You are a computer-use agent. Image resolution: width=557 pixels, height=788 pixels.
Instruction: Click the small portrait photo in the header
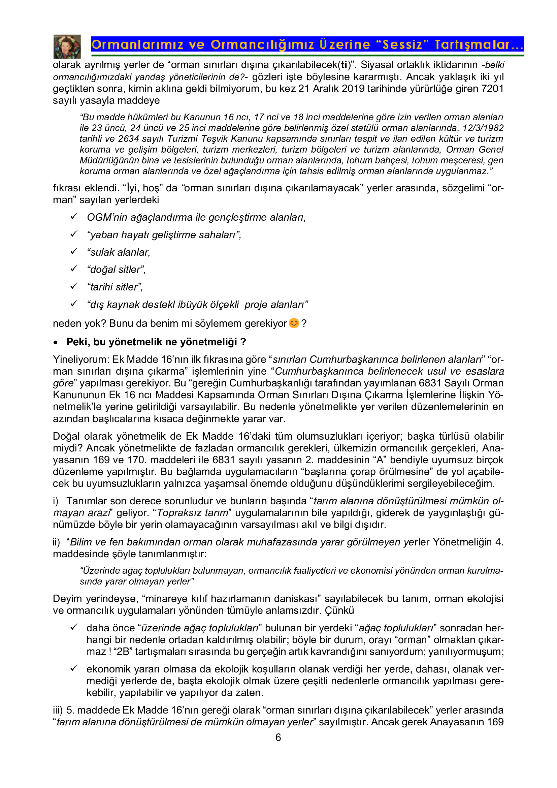(67, 46)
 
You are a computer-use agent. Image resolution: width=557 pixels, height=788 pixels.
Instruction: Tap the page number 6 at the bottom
(278, 737)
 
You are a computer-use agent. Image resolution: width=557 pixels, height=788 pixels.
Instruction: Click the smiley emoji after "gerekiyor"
(294, 323)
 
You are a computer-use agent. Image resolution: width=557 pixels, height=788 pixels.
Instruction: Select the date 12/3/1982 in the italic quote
(483, 128)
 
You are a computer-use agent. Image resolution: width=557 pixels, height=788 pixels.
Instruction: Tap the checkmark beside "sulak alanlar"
(74, 252)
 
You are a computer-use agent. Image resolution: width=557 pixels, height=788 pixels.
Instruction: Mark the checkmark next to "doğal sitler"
(74, 269)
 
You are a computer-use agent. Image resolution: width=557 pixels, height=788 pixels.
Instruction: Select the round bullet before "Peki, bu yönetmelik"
(56, 343)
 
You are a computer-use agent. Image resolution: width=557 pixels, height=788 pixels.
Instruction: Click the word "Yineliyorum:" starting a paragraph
(81, 359)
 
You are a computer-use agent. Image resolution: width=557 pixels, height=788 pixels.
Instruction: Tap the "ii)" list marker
(57, 542)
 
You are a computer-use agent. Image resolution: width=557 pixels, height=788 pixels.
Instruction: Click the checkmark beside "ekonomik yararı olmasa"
(74, 668)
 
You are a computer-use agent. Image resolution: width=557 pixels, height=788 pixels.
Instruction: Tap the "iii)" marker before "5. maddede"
(58, 710)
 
